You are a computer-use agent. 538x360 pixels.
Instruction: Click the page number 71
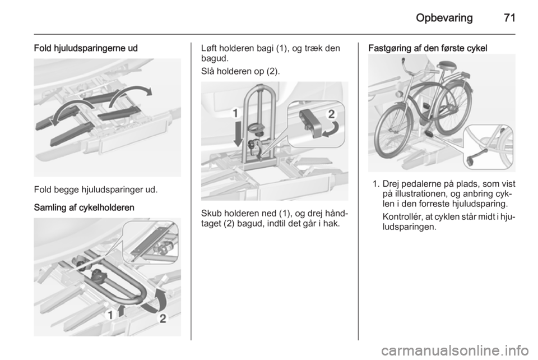coord(509,18)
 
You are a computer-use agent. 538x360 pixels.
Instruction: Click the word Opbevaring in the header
coord(444,18)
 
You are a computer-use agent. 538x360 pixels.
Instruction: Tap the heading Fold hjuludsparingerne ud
coord(86,48)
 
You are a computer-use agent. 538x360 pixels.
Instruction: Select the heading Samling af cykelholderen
coord(84,207)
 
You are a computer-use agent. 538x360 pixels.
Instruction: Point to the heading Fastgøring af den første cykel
coord(428,48)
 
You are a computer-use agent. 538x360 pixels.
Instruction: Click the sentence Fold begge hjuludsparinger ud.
coord(96,190)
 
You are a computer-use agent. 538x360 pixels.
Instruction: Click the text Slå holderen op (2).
coord(240,71)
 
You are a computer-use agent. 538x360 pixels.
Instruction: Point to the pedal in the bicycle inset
coord(476,155)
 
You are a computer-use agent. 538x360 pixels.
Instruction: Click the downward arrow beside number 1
coord(238,134)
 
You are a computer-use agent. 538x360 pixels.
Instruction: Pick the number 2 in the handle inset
coord(332,114)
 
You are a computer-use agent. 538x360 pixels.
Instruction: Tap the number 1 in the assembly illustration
coord(110,315)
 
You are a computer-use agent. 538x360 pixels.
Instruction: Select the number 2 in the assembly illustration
coord(163,319)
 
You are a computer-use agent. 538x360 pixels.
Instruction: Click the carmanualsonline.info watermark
coord(454,350)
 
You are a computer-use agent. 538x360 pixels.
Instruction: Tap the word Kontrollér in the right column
coord(400,217)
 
